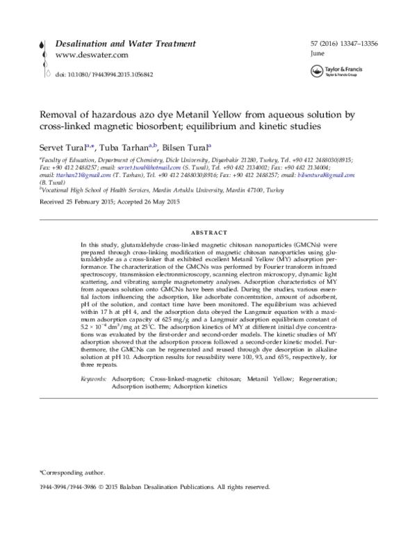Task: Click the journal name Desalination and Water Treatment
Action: coord(125,43)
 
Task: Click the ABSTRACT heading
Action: coord(208,232)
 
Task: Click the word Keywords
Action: coord(94,378)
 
